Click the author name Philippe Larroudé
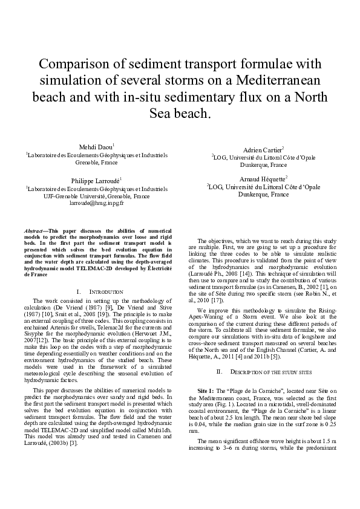97,180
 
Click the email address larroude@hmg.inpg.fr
97,204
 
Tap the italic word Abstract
34,231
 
